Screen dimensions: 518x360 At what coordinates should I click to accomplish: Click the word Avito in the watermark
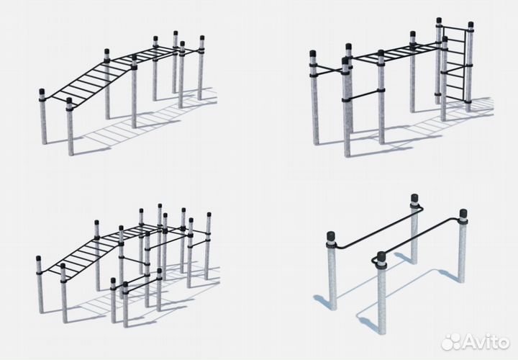point(486,341)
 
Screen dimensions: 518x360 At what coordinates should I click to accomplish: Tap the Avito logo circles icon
point(450,341)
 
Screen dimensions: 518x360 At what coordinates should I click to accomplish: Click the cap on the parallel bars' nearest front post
point(381,256)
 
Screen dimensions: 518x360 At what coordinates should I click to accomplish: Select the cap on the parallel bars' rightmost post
point(463,213)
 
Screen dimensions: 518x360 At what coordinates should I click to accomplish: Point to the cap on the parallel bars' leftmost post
point(331,237)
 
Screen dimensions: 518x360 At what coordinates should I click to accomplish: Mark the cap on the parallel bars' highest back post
point(414,199)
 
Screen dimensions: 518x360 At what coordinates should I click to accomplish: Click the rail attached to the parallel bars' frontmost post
point(417,236)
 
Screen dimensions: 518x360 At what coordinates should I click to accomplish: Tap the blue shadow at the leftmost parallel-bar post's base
point(322,302)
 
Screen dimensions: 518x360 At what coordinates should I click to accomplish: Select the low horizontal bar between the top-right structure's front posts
point(363,94)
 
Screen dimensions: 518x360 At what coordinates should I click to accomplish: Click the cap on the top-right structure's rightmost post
point(471,25)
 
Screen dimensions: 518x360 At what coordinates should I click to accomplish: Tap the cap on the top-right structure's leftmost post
point(312,54)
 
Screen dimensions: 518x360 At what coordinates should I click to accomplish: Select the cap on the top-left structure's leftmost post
point(42,92)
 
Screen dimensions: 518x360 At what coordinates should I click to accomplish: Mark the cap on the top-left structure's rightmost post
point(202,39)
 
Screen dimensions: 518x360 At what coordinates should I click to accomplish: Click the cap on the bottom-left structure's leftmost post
point(39,259)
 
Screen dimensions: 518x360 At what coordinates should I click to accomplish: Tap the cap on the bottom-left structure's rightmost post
point(209,215)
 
